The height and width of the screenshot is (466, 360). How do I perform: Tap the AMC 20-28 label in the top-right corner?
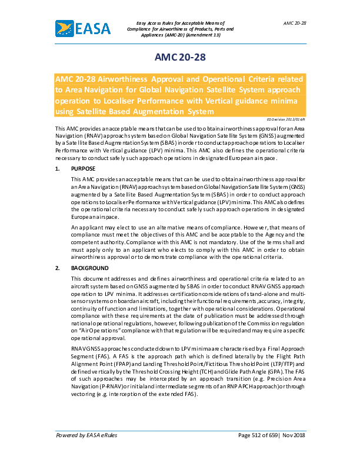[295, 22]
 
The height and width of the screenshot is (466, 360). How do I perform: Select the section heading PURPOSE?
[82, 168]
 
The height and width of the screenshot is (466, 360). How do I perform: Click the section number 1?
[57, 168]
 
